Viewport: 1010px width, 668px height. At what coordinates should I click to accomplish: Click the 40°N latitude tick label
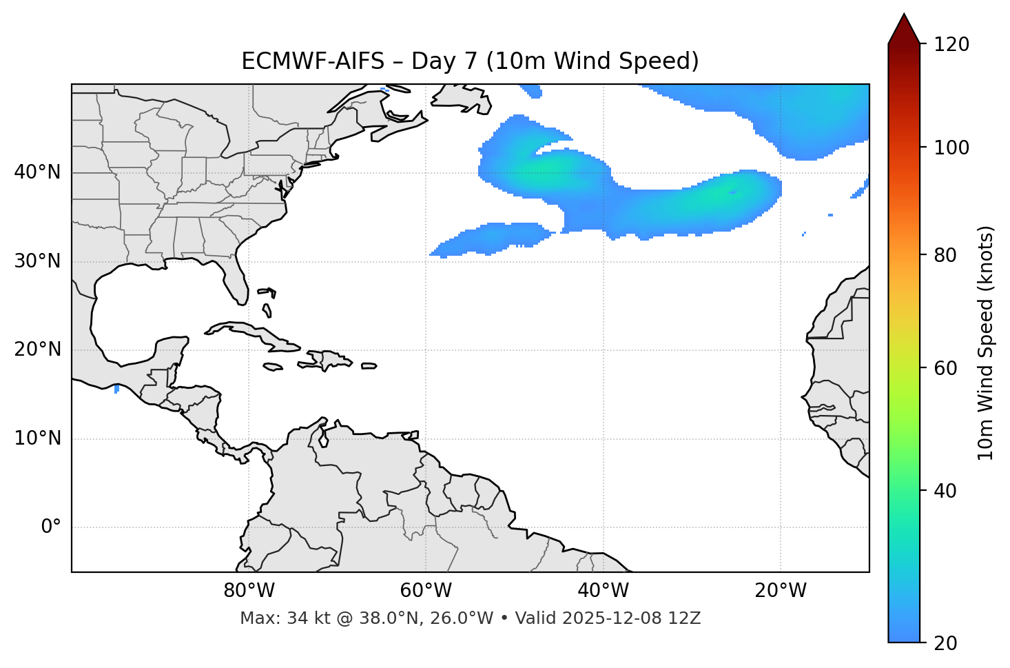tap(37, 172)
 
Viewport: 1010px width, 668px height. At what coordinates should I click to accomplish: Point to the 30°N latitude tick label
tap(37, 261)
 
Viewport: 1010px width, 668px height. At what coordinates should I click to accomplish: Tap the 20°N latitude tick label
tap(37, 350)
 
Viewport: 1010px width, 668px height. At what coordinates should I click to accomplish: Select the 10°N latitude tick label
tap(37, 438)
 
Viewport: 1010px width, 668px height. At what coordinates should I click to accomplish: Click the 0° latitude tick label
tap(50, 527)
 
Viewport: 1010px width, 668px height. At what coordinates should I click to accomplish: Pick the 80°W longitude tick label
tap(249, 591)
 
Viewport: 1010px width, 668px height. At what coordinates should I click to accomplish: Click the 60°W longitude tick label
tap(426, 591)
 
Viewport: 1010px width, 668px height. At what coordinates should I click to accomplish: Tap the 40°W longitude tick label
tap(603, 591)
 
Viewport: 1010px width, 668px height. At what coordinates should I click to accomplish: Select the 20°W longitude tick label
tap(780, 591)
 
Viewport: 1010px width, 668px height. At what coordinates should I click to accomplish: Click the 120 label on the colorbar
tap(951, 45)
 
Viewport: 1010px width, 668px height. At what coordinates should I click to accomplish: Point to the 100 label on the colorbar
tap(951, 148)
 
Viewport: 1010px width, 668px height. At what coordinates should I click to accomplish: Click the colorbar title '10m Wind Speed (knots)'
tap(986, 343)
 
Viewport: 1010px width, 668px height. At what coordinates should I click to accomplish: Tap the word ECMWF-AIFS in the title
tap(313, 61)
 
